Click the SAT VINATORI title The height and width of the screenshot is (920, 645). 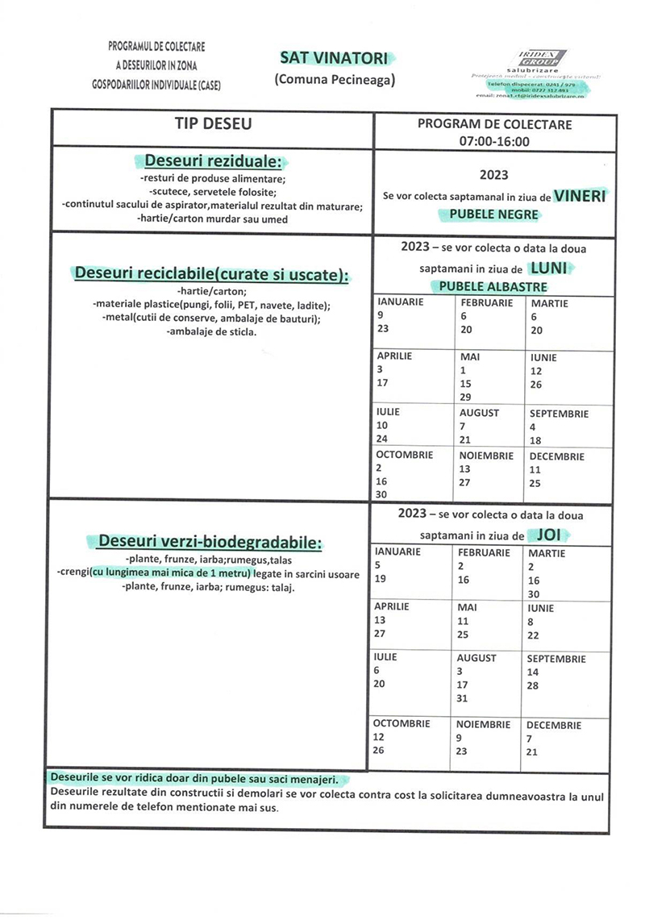point(333,58)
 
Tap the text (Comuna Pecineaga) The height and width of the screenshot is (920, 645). point(333,79)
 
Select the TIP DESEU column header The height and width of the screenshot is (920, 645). point(213,124)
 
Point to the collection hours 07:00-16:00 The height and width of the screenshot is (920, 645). point(495,141)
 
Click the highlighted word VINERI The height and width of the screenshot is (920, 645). point(580,196)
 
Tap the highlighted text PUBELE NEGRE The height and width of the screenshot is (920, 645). point(488,214)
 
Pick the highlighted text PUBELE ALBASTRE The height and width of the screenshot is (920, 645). point(492,286)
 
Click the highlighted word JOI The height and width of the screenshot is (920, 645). point(548,535)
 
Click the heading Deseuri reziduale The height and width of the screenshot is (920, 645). point(213,160)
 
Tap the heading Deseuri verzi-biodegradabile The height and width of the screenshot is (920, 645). point(209,541)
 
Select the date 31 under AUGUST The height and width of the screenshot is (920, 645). point(462,698)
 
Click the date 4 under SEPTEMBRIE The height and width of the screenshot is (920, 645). point(533,427)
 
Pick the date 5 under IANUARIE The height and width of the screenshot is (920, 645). point(378,565)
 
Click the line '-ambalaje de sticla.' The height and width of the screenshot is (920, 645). point(211,331)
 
